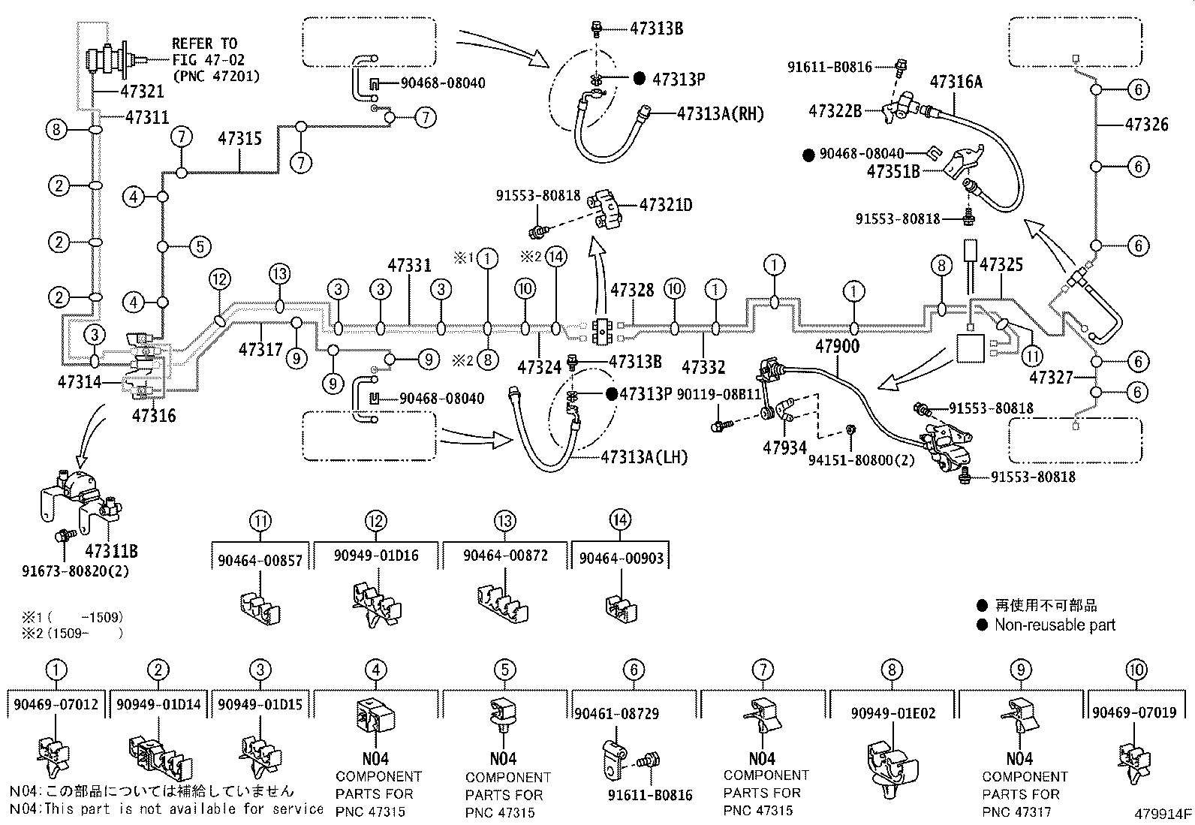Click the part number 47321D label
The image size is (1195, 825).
(x=666, y=203)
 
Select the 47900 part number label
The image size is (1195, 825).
(x=837, y=347)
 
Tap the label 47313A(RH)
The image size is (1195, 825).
(x=720, y=114)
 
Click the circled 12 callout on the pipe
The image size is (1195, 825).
(x=219, y=280)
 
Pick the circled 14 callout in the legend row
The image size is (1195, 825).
(x=620, y=519)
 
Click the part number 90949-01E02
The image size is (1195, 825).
(x=893, y=713)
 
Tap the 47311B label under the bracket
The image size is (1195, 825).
(x=112, y=552)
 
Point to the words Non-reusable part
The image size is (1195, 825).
(x=1055, y=625)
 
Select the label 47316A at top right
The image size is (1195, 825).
(x=956, y=82)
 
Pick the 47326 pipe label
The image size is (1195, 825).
(x=1146, y=125)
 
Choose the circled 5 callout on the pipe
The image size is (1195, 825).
(x=199, y=246)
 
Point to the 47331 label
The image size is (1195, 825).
(x=410, y=265)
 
